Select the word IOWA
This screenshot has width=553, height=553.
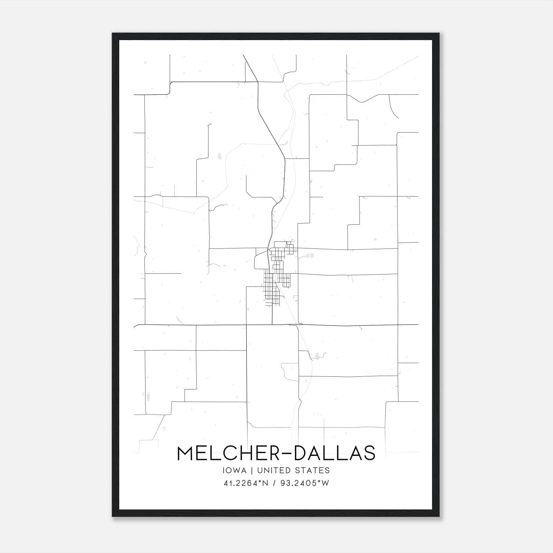click(x=235, y=470)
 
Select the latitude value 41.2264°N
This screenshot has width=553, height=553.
click(x=246, y=483)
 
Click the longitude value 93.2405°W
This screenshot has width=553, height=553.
click(x=304, y=483)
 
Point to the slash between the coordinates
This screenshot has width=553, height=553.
click(x=274, y=483)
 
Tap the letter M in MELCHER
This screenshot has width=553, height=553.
click(x=186, y=453)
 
